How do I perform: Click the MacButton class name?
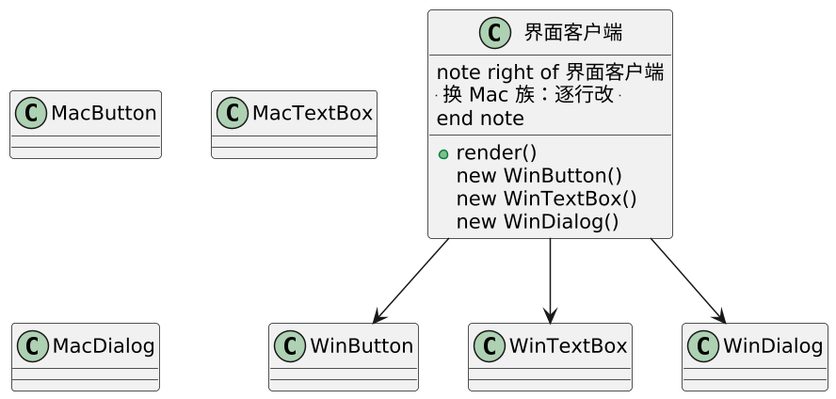(x=104, y=114)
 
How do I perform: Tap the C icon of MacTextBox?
(x=233, y=113)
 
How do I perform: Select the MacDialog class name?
(x=104, y=346)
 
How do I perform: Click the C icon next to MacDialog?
(x=33, y=346)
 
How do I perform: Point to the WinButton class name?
(x=362, y=346)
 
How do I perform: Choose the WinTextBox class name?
(x=568, y=346)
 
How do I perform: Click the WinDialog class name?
(x=773, y=346)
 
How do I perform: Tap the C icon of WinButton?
(x=290, y=346)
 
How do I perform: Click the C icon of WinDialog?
(x=703, y=346)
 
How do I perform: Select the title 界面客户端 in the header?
(x=573, y=33)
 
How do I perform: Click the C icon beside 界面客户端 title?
(x=495, y=33)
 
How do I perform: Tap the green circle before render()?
(x=443, y=154)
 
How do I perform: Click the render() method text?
(x=496, y=153)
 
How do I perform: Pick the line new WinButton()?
(x=539, y=176)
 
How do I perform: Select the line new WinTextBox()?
(x=546, y=199)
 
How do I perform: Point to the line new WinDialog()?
(x=538, y=221)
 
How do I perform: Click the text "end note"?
(x=480, y=119)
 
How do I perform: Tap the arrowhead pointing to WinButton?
(x=379, y=316)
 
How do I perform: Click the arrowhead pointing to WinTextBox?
(x=550, y=315)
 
